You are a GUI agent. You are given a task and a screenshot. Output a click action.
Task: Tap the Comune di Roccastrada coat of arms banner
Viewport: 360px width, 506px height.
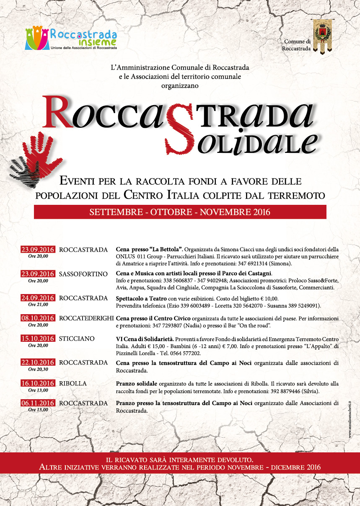click(x=323, y=36)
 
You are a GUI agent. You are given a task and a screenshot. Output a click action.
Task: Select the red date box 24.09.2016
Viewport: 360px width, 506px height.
click(x=38, y=298)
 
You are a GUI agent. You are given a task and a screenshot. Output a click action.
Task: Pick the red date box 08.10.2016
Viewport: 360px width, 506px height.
click(x=38, y=318)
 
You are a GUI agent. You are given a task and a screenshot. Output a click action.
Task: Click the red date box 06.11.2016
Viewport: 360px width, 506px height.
click(x=38, y=403)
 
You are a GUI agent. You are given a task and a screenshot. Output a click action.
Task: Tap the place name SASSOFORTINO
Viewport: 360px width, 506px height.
click(x=83, y=274)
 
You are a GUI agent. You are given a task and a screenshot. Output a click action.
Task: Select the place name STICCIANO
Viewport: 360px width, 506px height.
click(x=77, y=338)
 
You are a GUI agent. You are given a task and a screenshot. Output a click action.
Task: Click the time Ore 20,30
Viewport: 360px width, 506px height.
click(x=38, y=369)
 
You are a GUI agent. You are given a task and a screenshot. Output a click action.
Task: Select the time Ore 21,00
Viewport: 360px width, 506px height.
click(x=38, y=305)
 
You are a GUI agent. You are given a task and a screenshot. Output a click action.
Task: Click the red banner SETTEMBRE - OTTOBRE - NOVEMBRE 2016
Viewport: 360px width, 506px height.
click(x=180, y=212)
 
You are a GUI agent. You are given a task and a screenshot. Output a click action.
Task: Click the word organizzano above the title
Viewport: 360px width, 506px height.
click(x=180, y=86)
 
